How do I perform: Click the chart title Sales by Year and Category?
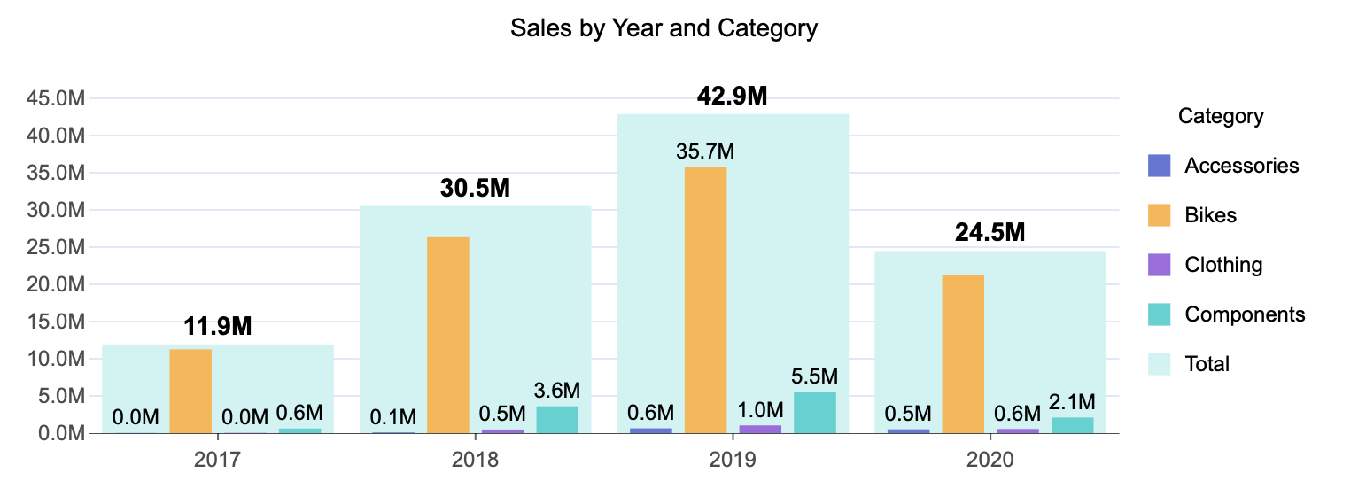(x=664, y=28)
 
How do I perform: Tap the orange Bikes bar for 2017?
(x=190, y=391)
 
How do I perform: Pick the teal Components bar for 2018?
(x=557, y=419)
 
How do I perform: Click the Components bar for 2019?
(x=815, y=412)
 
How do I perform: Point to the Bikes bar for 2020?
(x=963, y=353)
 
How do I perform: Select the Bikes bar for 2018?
(x=448, y=335)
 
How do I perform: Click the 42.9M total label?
(x=732, y=96)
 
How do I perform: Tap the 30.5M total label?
(x=475, y=188)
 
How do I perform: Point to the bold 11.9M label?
(x=218, y=326)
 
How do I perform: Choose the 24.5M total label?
(x=990, y=232)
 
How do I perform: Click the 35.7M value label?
(x=705, y=151)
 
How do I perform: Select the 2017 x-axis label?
(x=217, y=460)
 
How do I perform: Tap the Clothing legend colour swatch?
(x=1159, y=265)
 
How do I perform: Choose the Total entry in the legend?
(x=1207, y=364)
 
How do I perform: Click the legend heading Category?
(x=1221, y=116)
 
